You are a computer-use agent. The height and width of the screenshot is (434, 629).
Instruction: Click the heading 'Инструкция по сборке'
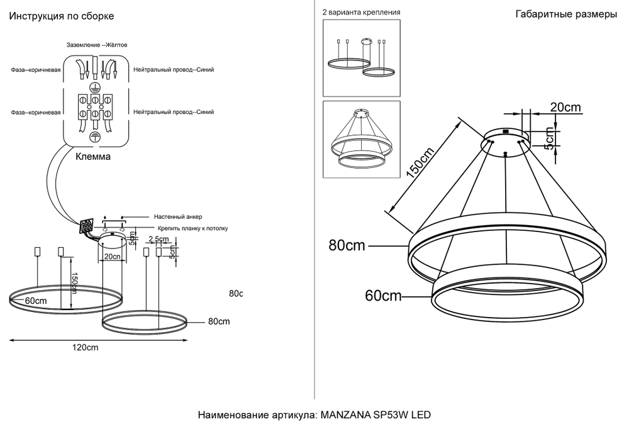tap(61, 15)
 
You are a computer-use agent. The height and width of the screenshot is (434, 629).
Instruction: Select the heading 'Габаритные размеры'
tap(565, 15)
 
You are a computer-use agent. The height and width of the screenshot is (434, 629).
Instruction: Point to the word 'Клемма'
tap(93, 157)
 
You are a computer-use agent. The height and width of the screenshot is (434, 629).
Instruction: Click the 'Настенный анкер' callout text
tap(172, 216)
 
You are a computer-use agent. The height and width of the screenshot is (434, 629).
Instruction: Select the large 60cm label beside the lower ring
tap(382, 295)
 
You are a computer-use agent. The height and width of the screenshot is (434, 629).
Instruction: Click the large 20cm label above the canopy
tap(565, 108)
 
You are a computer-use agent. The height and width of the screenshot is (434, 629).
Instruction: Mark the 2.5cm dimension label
tap(158, 240)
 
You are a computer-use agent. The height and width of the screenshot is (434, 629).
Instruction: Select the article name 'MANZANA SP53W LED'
tap(376, 416)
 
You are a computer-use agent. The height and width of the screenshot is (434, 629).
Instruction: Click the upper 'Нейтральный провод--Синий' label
tap(174, 70)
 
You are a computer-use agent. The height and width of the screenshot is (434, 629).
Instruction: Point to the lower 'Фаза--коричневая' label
tap(35, 112)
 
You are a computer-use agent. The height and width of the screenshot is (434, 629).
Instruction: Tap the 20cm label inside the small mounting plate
tap(112, 257)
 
